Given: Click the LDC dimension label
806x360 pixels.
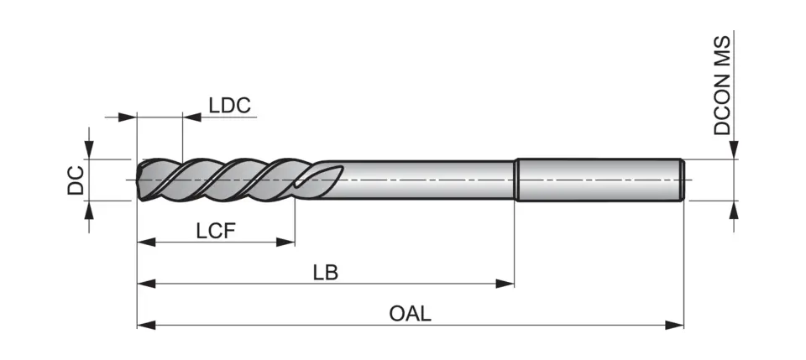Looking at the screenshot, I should click(x=230, y=105).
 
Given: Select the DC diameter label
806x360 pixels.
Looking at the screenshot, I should click(x=76, y=180).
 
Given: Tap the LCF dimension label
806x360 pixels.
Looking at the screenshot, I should click(x=215, y=231).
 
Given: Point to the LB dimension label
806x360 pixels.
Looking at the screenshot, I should click(x=325, y=273).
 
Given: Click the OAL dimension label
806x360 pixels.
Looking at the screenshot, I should click(x=410, y=313).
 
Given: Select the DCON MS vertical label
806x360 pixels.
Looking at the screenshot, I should click(x=723, y=86).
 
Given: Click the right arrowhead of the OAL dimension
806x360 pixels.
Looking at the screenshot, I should click(x=675, y=324).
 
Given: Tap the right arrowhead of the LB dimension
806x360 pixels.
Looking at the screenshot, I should click(x=505, y=284).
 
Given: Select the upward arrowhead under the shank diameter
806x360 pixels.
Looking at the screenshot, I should click(x=734, y=210).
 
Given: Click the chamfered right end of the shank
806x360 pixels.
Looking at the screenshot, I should click(x=681, y=180).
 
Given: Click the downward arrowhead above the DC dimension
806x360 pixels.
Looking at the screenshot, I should click(x=89, y=150).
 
